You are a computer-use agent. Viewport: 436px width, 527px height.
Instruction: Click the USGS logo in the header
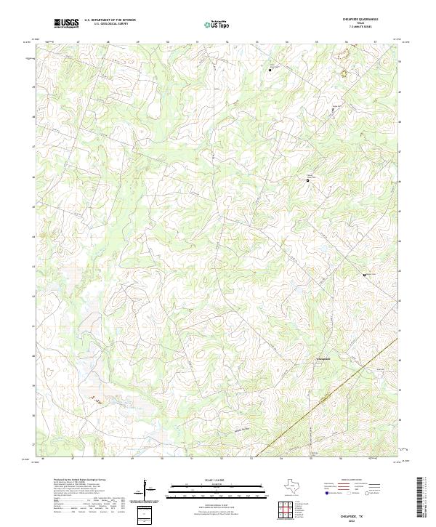66,23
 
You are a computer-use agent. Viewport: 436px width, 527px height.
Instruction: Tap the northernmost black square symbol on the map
270,71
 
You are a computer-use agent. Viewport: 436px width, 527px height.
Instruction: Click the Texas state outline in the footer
298,484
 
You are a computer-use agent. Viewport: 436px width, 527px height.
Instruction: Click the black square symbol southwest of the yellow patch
333,109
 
